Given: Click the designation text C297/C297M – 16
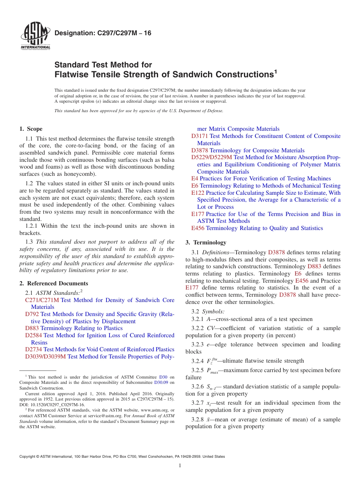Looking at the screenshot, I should coord(103,33).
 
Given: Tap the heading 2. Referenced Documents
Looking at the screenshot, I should coord(54,283).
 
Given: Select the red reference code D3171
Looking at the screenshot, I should coord(199,136).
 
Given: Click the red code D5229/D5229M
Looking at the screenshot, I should coord(211,157).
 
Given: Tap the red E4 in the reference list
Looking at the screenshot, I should coord(195,178).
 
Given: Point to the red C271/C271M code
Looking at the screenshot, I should coord(42,300).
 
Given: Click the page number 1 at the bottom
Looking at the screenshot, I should coord(180,466).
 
